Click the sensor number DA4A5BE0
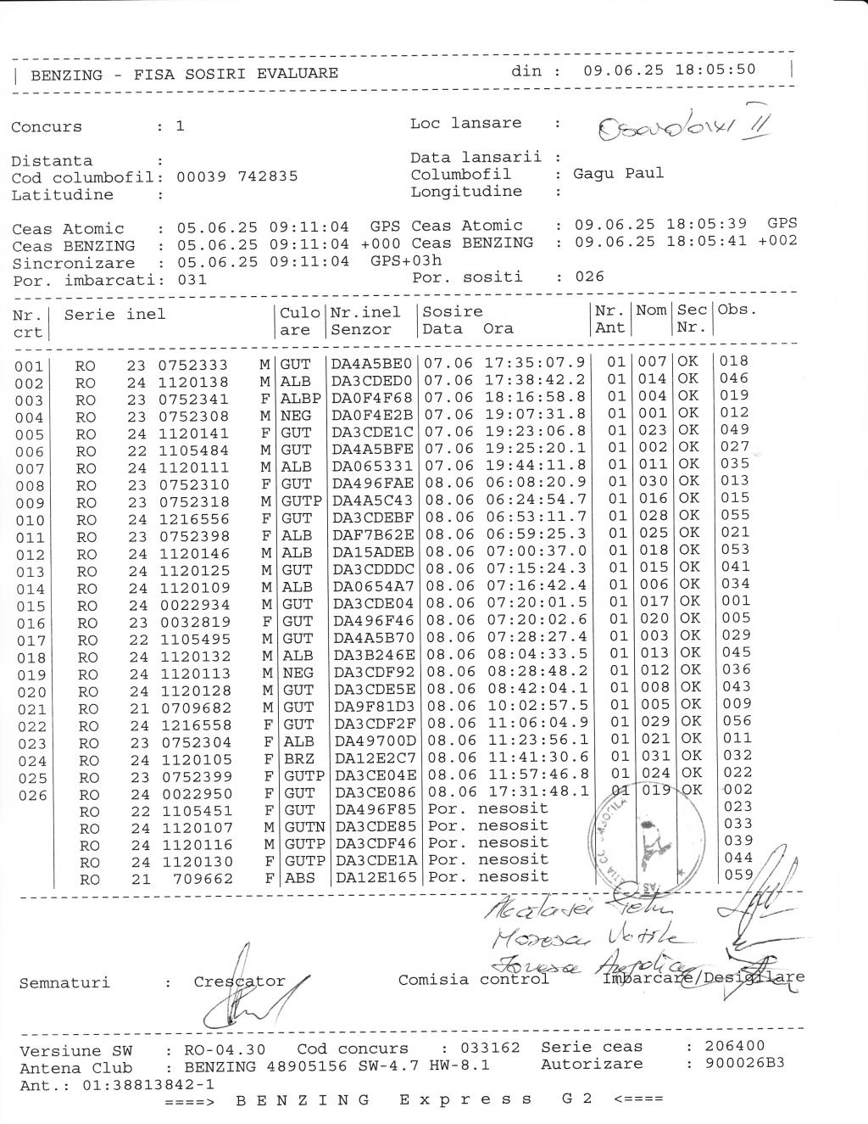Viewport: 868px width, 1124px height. tap(371, 363)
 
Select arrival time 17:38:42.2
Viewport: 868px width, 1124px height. tap(535, 380)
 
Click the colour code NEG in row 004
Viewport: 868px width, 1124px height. tap(296, 416)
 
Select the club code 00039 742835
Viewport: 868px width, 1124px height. tap(237, 177)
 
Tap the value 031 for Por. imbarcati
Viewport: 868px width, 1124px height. tap(192, 280)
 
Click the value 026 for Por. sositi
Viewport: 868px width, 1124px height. tap(589, 277)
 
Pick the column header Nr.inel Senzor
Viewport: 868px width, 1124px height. tap(366, 321)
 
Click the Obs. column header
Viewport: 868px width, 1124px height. tap(737, 310)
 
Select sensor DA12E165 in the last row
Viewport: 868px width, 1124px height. tap(376, 878)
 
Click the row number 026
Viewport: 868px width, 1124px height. tap(31, 796)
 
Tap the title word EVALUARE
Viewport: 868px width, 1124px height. tap(297, 74)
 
